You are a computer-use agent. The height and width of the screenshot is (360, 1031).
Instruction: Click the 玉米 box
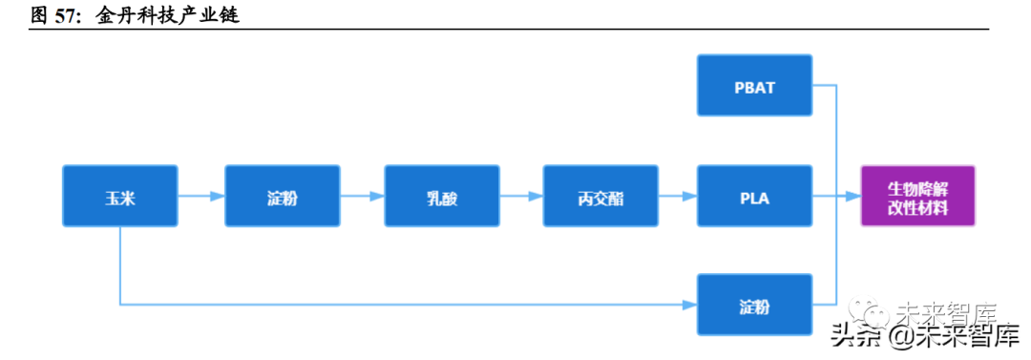(x=119, y=196)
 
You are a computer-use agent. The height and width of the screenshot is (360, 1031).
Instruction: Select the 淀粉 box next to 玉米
(x=282, y=196)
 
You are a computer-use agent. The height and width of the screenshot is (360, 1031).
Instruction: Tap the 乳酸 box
(x=442, y=196)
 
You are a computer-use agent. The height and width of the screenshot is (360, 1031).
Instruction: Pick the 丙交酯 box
(x=600, y=196)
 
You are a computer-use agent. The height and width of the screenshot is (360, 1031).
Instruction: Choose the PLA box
(x=755, y=196)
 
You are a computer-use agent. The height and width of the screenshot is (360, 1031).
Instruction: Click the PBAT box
(x=755, y=86)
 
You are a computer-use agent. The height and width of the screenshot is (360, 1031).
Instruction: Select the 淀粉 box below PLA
(x=755, y=305)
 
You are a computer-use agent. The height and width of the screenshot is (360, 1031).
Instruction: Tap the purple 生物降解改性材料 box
(x=918, y=196)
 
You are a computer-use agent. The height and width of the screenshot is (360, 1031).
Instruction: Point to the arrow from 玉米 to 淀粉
(x=201, y=196)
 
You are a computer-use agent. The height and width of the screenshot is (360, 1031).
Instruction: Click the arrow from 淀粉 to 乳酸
(x=363, y=196)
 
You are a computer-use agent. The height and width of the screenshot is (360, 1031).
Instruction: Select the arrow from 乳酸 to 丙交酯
(x=521, y=196)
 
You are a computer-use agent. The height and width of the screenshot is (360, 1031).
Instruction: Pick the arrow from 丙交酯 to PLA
(x=678, y=196)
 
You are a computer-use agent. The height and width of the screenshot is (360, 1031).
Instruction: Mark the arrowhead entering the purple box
(x=853, y=196)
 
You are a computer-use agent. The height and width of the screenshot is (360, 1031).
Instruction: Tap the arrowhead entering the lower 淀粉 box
(x=690, y=305)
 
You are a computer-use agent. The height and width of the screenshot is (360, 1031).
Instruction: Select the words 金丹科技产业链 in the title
(x=167, y=15)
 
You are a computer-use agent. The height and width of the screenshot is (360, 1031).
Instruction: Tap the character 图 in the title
(x=40, y=15)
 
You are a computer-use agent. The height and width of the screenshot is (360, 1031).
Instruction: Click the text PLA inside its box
(x=755, y=197)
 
